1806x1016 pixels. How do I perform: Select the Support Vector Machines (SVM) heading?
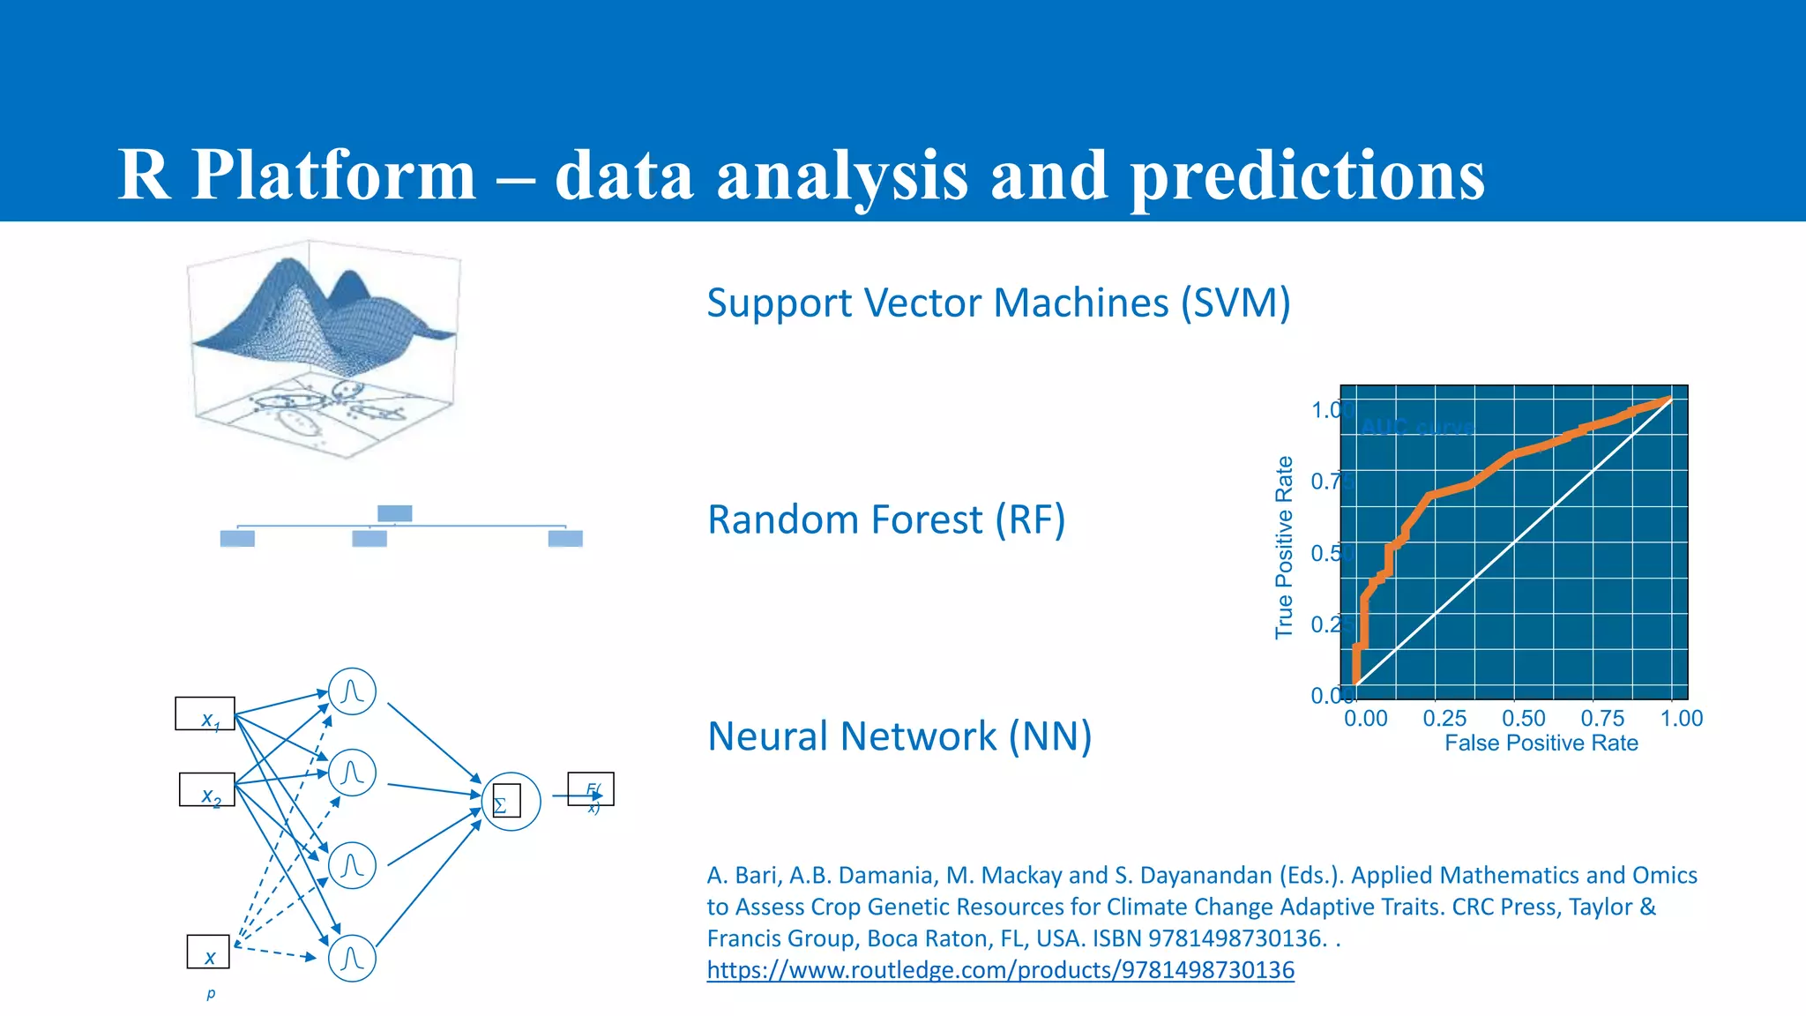[998, 303]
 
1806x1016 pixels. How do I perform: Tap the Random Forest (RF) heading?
[886, 519]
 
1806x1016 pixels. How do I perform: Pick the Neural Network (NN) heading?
[899, 736]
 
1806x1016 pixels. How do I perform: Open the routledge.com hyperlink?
[1000, 970]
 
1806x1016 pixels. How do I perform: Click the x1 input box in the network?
[205, 713]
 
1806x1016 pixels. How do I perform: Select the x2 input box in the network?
[206, 789]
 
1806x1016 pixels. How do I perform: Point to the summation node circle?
[511, 801]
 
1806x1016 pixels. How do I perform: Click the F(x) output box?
[591, 789]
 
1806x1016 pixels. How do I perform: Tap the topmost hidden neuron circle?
[352, 691]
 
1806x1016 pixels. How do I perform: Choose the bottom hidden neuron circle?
[352, 959]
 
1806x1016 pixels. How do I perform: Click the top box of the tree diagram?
[394, 513]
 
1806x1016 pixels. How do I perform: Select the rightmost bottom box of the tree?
[565, 539]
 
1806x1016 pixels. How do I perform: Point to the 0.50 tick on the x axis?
[1523, 719]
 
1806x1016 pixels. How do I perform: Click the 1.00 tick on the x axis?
[1681, 719]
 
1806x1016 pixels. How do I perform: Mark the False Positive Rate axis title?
[1541, 743]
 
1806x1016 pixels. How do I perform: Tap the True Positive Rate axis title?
[1284, 548]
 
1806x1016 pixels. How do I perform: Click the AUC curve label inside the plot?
[1416, 428]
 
